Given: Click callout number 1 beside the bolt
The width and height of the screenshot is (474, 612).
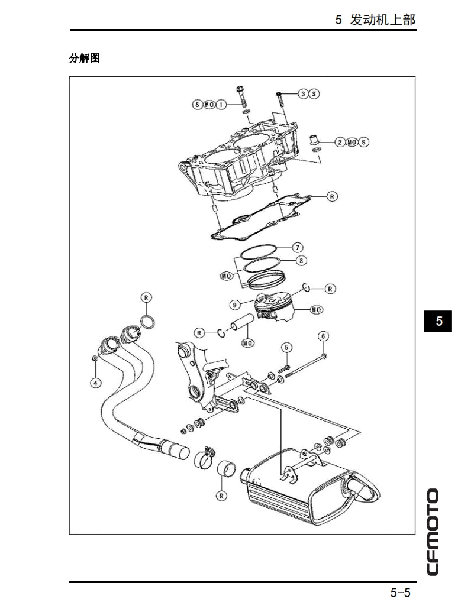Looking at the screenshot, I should click(221, 105).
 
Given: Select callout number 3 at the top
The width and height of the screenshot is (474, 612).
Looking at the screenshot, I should click(302, 93).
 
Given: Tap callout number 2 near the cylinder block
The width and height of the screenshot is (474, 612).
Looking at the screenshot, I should click(340, 142).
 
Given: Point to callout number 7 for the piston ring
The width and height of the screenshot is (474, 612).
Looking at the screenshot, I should click(298, 247).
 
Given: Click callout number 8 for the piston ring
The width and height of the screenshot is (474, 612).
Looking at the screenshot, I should click(301, 260).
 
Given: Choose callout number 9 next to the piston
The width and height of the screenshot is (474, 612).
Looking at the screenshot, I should click(235, 305).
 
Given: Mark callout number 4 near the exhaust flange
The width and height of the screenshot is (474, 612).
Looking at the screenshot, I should click(95, 382).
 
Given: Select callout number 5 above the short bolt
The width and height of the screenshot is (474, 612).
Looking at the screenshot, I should click(286, 347).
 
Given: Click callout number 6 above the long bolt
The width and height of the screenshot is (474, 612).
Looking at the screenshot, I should click(323, 336).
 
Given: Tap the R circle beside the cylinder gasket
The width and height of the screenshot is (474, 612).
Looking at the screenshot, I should click(332, 195).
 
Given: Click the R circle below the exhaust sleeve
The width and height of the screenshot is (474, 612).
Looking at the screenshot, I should click(221, 496).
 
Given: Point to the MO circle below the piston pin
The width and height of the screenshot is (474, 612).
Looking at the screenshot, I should click(247, 343).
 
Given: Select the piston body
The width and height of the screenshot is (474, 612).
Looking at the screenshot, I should click(273, 307).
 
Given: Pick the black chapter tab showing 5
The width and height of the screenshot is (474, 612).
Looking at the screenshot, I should click(438, 321).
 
